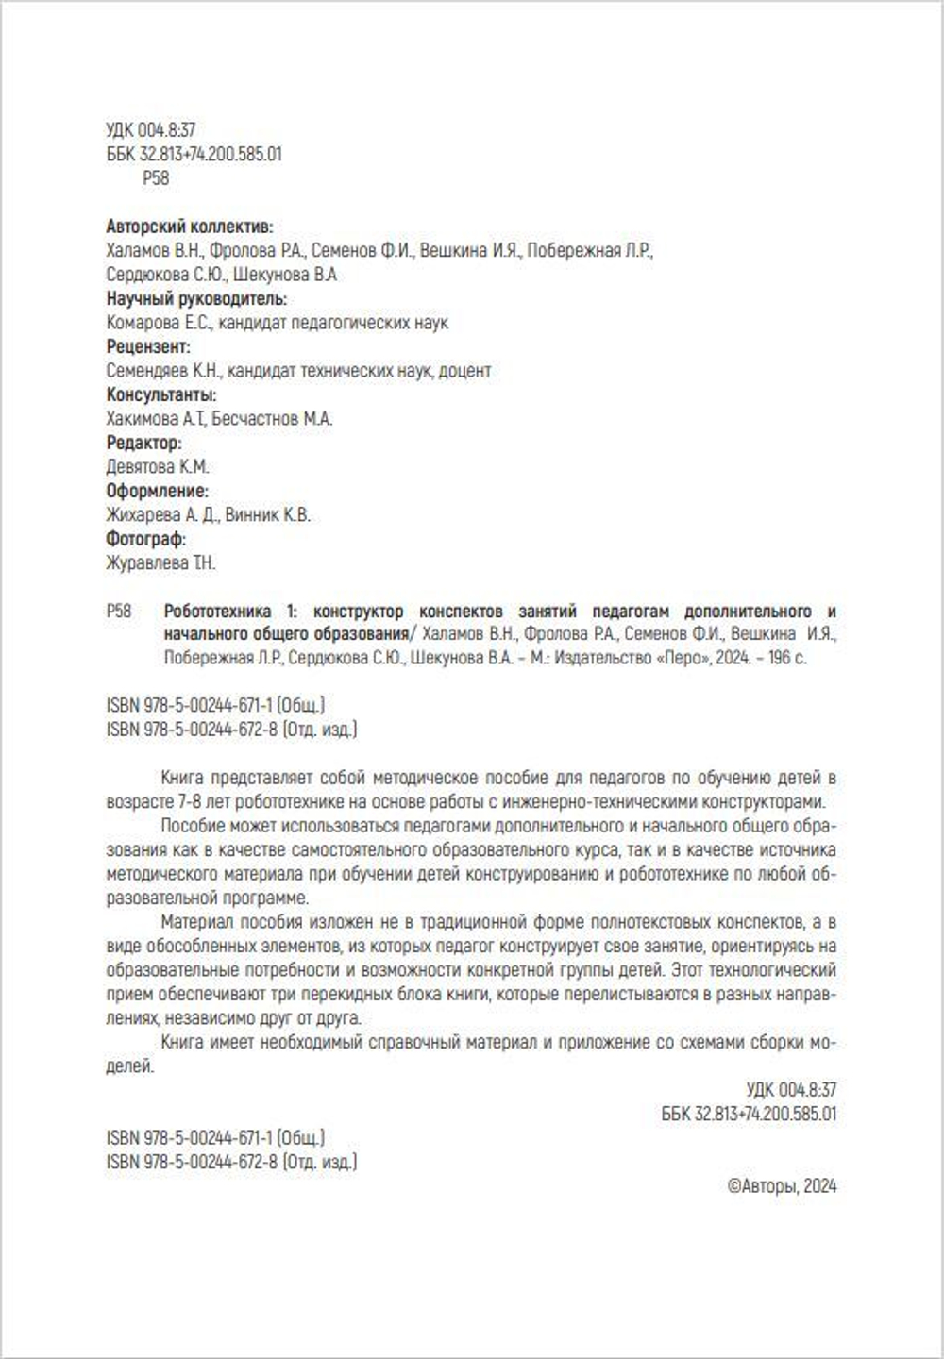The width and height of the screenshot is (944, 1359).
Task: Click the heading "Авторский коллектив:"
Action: click(x=190, y=226)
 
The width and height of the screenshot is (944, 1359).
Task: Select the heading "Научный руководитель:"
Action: click(x=196, y=298)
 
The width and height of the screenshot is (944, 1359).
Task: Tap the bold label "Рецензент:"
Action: click(x=148, y=346)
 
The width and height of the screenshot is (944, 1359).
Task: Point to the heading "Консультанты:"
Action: click(x=161, y=394)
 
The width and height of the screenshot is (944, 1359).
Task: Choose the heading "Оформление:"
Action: click(x=158, y=491)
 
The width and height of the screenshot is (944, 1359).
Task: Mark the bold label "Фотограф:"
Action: click(x=146, y=539)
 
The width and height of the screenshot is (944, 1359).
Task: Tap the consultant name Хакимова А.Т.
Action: click(x=156, y=419)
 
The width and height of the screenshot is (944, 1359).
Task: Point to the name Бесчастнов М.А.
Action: click(x=272, y=419)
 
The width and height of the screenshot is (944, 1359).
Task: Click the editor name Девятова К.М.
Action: click(x=158, y=467)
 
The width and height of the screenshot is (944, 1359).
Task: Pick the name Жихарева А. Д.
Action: click(x=163, y=515)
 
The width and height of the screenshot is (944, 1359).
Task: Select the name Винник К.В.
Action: click(x=268, y=515)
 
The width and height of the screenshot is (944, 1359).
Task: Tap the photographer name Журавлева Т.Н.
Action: click(x=161, y=563)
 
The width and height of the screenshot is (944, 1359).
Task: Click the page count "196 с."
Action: click(x=787, y=658)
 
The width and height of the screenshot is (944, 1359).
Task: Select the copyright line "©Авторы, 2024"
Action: click(x=782, y=1186)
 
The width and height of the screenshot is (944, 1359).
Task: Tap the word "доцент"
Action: click(x=466, y=371)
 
